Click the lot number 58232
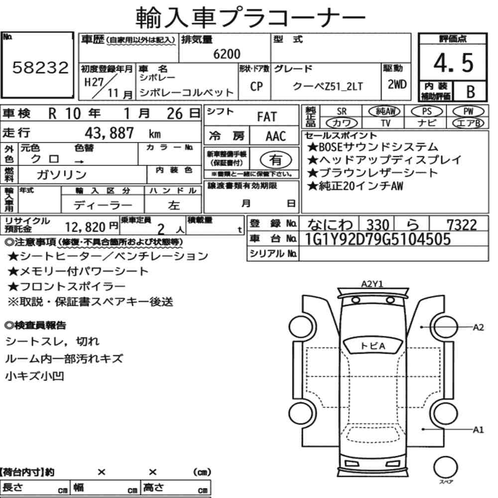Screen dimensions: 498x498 point(40,67)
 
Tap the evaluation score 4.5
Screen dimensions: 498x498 point(453,63)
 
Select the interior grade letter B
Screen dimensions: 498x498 point(471,92)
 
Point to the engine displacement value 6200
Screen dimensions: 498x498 point(227,54)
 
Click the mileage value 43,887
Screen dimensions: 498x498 point(109,133)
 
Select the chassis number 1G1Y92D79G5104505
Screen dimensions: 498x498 point(377,239)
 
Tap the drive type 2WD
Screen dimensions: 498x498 point(397,85)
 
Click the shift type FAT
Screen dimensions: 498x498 point(267,117)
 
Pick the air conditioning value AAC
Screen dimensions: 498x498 point(276,136)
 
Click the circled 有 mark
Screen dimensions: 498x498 point(276,159)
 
